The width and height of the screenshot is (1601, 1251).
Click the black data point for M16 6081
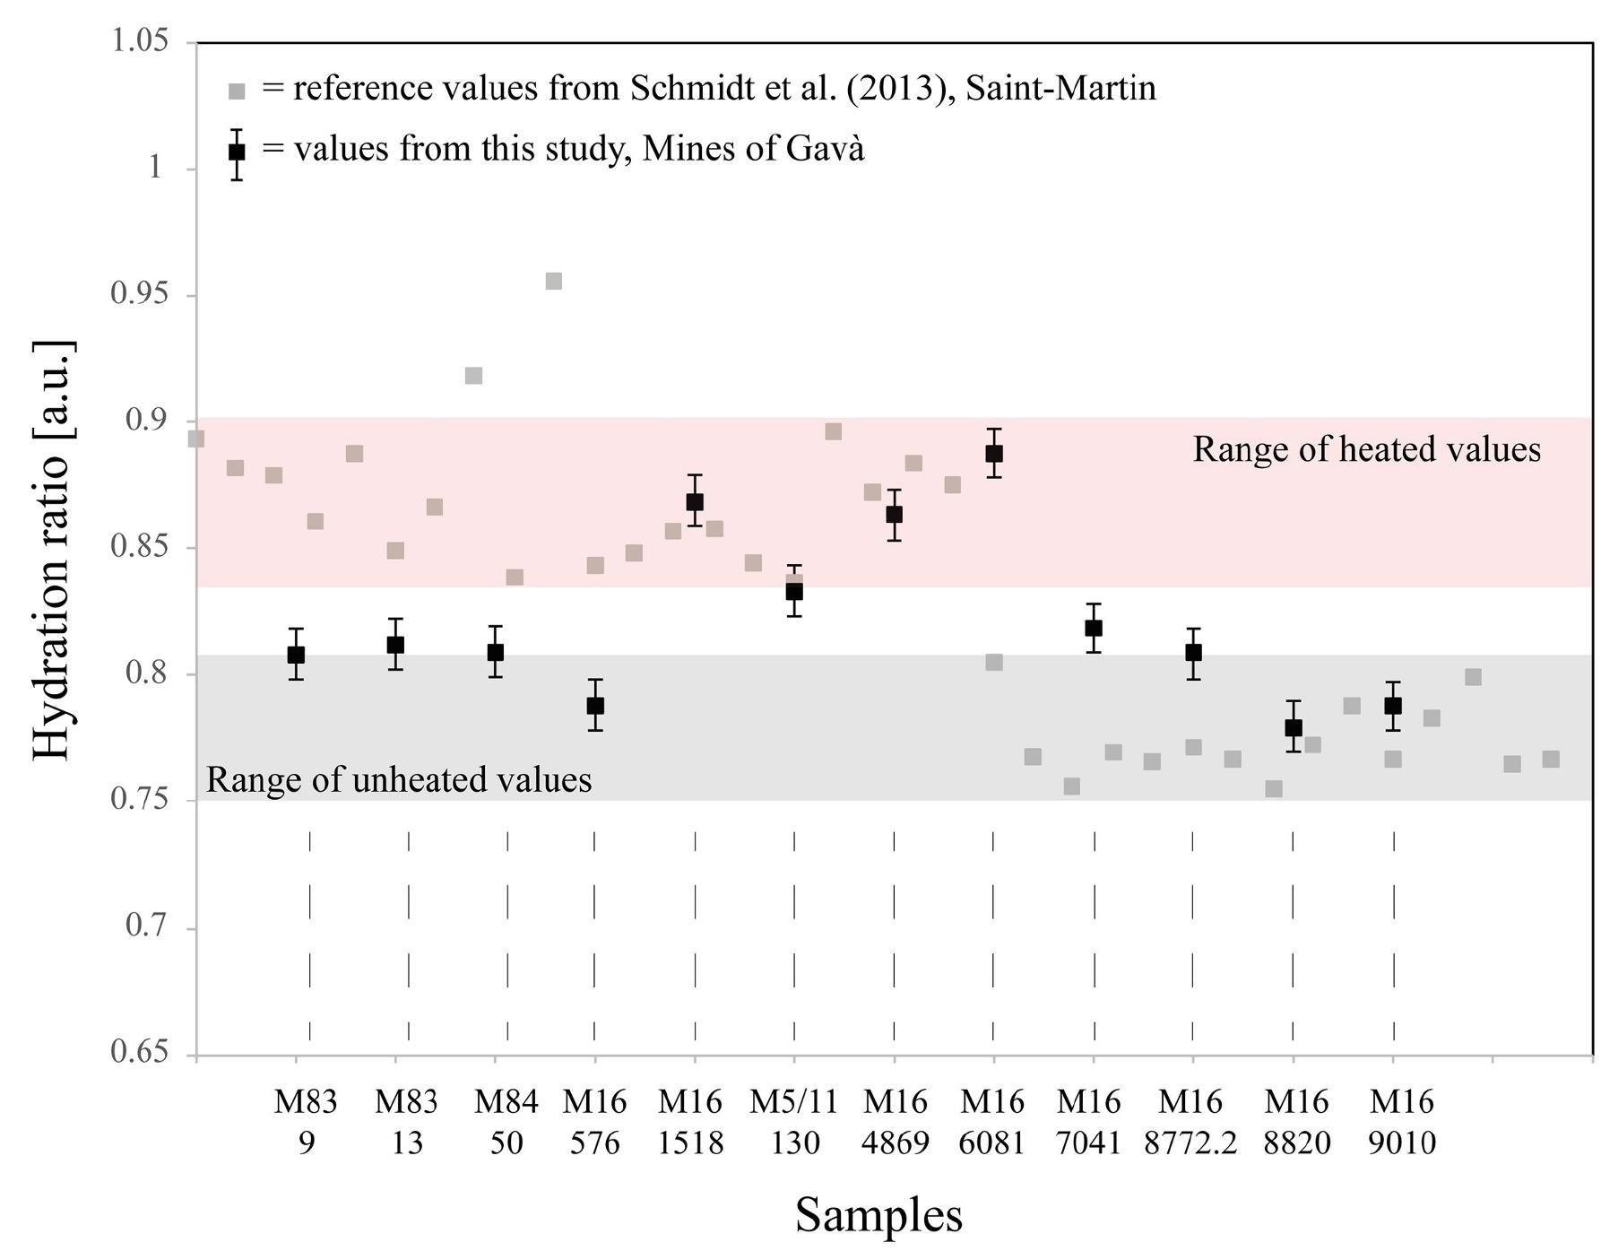point(993,454)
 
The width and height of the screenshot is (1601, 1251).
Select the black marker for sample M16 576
point(595,706)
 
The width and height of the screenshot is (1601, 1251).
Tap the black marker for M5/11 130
point(794,591)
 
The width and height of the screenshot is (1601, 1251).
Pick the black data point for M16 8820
point(1293,727)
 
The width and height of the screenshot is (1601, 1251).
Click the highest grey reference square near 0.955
point(554,282)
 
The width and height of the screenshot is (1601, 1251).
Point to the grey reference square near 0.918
point(474,376)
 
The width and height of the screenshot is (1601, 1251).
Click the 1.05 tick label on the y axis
point(139,41)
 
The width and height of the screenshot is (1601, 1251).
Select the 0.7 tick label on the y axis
point(147,925)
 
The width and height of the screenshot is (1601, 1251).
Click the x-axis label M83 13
point(406,1122)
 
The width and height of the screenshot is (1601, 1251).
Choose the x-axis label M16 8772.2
point(1190,1122)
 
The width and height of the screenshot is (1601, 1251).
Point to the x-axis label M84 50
point(506,1122)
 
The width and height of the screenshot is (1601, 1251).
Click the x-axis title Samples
point(878,1216)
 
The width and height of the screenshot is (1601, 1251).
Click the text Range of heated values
point(1366,449)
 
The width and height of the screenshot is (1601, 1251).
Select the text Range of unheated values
point(399,780)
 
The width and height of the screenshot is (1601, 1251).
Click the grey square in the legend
point(237,91)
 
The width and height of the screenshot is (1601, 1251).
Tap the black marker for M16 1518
point(695,501)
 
